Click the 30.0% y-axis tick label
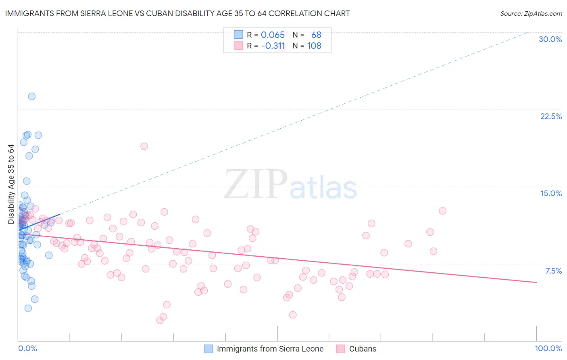pos(550,39)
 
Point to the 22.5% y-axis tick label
pos(551,116)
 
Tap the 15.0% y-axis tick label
pos(551,193)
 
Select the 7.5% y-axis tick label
pos(553,271)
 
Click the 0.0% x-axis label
pos(27,348)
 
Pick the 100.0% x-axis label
pos(548,348)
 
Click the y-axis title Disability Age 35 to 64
pos(11,184)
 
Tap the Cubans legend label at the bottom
pos(363,349)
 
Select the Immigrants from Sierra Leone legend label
pos(270,349)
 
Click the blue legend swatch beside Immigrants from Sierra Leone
pos(208,349)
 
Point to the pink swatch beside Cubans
pos(341,349)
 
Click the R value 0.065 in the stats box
pos(273,35)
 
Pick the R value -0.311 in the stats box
pos(273,46)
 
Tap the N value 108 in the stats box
pos(314,46)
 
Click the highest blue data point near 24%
pos(31,96)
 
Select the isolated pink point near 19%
pos(144,146)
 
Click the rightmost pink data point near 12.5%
pos(442,211)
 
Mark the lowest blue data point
pos(28,308)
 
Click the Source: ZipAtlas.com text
pos(531,14)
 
